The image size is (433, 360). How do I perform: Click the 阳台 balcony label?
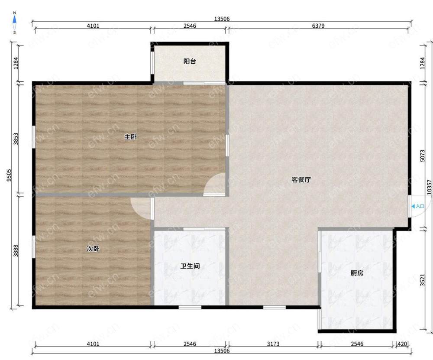click(190, 61)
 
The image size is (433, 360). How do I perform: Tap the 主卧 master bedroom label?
click(130, 136)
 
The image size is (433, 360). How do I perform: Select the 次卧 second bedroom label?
click(93, 249)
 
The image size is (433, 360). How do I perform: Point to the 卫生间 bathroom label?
click(190, 266)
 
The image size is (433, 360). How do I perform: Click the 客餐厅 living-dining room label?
click(301, 180)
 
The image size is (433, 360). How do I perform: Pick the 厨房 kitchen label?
click(357, 273)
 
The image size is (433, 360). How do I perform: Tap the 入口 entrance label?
click(420, 206)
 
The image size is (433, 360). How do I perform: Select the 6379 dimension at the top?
click(318, 26)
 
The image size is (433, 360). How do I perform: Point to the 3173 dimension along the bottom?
click(273, 344)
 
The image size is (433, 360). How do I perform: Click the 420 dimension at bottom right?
click(402, 344)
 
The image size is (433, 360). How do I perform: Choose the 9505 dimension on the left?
click(9, 175)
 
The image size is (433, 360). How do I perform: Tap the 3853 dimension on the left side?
click(16, 139)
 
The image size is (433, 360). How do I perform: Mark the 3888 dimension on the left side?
click(16, 250)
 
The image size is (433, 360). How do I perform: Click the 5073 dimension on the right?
click(423, 156)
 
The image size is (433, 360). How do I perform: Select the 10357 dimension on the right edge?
click(429, 187)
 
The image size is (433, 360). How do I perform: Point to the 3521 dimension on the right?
click(422, 279)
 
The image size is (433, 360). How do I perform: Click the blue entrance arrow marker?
click(413, 206)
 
